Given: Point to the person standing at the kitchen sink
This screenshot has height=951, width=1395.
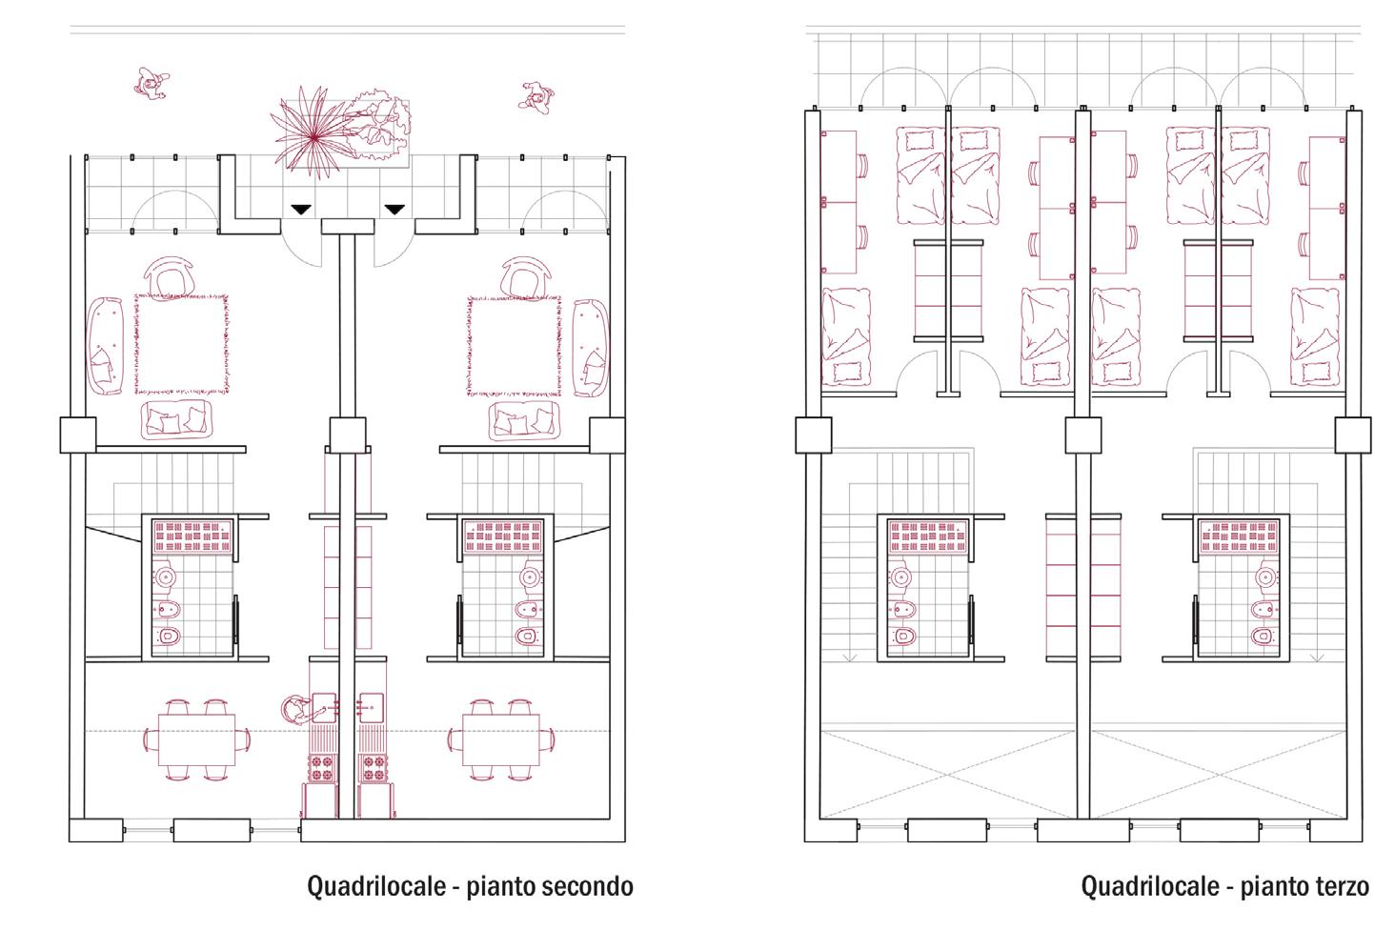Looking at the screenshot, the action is [296, 709].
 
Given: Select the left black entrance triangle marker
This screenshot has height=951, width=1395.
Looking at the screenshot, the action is [301, 209].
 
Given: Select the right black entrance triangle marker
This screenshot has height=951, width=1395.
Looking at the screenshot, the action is [394, 209].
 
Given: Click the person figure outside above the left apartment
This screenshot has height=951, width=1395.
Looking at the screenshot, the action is [150, 85].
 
